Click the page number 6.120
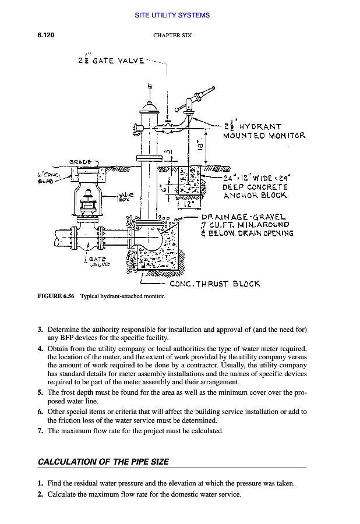46,36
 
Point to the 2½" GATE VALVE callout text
111,60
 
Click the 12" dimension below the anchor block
185,204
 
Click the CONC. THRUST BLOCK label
214,284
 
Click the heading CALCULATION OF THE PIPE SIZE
103,462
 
